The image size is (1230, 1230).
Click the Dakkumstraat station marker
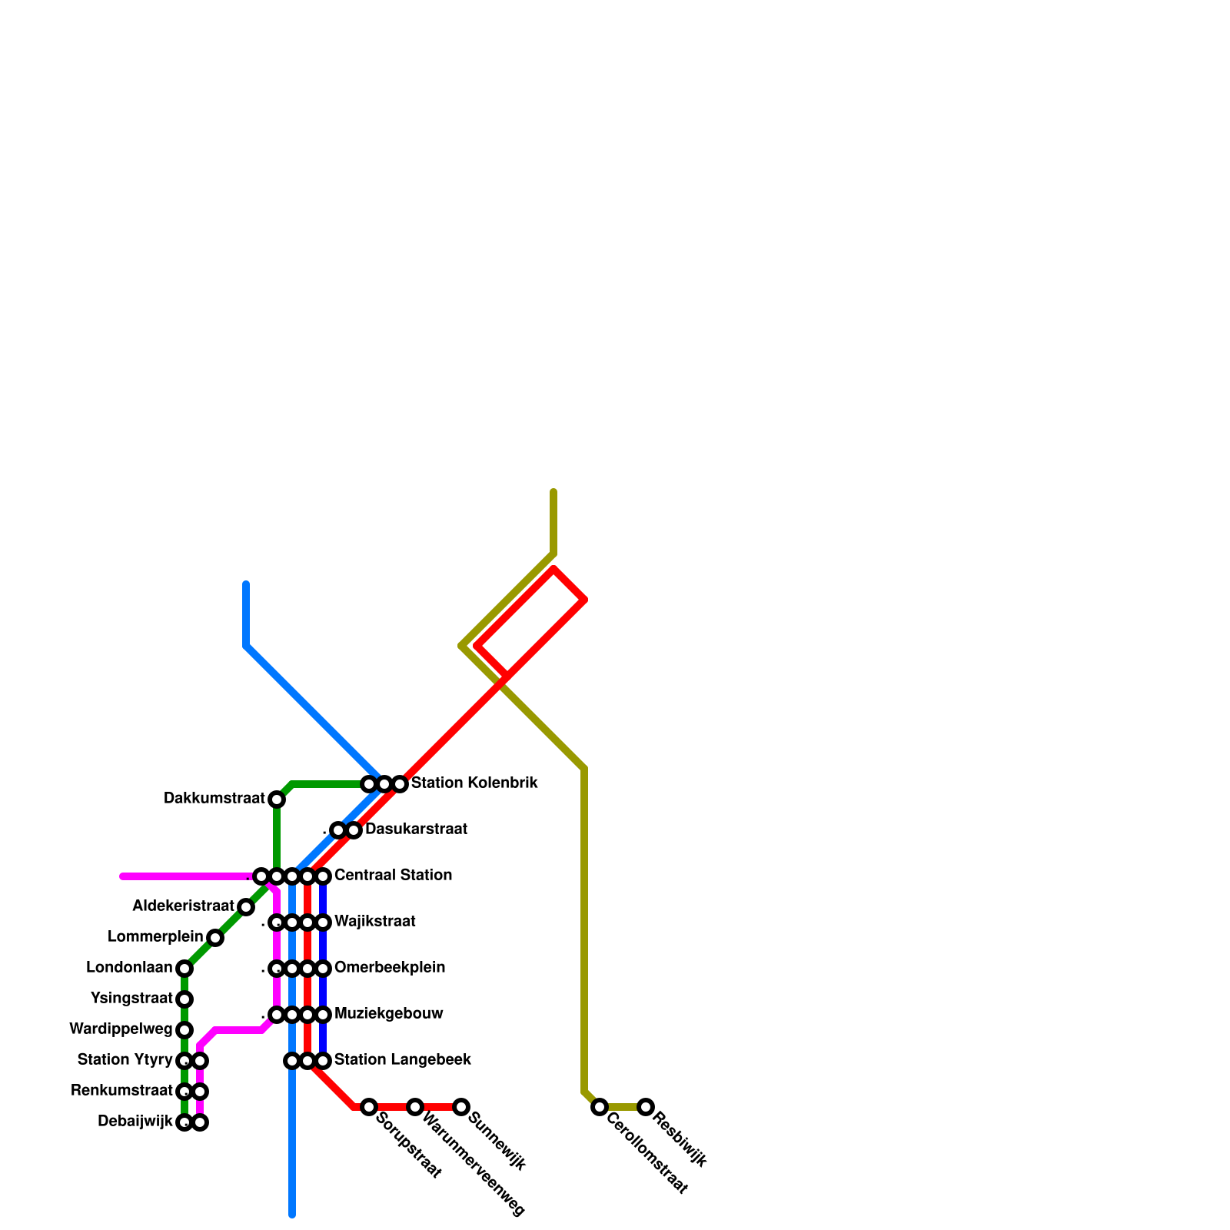tap(277, 799)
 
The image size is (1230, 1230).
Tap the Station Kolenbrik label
tap(474, 783)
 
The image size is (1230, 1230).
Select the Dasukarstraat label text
tap(416, 829)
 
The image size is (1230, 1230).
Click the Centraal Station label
tap(393, 876)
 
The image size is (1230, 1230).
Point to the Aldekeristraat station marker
tap(246, 907)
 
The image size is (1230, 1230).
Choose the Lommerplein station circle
tap(215, 938)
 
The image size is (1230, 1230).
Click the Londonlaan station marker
tap(184, 969)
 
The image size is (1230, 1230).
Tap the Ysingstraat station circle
tap(184, 999)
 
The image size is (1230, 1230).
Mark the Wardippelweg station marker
tap(184, 1030)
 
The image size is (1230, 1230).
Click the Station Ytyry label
tap(125, 1060)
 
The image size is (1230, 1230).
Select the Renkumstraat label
tap(121, 1091)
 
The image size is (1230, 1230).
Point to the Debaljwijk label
tap(135, 1122)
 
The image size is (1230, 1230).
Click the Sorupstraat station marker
tap(369, 1107)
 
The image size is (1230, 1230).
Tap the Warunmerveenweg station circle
tap(415, 1107)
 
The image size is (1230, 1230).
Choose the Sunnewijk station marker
tap(461, 1107)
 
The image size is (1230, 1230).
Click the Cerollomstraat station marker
tap(600, 1107)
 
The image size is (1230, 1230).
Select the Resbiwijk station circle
tap(646, 1107)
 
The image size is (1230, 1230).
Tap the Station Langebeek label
tap(402, 1060)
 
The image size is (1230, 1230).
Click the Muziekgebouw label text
tap(388, 1014)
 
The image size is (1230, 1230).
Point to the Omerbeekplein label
tap(389, 968)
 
